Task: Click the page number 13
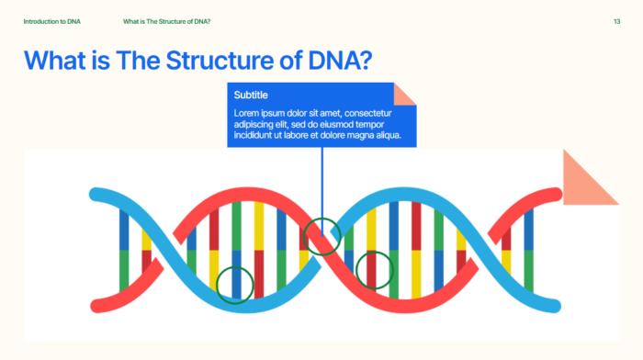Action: coord(616,20)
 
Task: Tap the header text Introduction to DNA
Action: coord(51,20)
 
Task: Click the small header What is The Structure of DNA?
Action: coord(172,20)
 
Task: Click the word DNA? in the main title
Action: coord(339,62)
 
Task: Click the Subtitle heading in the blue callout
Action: coord(251,96)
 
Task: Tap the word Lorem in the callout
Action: coord(247,113)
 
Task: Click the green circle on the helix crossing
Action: coord(321,236)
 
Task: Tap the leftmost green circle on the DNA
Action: coord(236,283)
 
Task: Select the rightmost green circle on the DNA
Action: coord(374,270)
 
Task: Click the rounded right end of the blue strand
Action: coord(554,303)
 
